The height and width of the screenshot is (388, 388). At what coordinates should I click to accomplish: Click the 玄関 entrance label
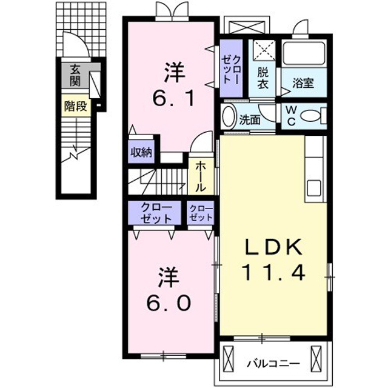click(x=75, y=75)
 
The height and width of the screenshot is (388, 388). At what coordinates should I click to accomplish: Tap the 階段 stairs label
click(x=75, y=106)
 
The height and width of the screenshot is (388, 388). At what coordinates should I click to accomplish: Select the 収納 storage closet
click(x=141, y=152)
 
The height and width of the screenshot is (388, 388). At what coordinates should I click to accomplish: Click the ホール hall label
click(x=201, y=176)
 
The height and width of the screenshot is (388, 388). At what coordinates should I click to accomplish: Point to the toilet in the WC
click(x=313, y=116)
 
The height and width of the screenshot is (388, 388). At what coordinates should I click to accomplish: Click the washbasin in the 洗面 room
click(x=229, y=116)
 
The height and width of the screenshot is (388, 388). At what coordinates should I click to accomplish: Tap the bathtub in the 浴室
click(x=304, y=54)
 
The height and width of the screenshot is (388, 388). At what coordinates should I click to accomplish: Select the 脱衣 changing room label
click(x=263, y=78)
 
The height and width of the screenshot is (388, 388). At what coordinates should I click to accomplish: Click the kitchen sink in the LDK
click(x=314, y=188)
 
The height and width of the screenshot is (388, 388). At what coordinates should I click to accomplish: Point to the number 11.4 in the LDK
click(x=274, y=272)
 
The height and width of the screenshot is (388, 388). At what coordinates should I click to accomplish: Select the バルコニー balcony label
click(x=274, y=364)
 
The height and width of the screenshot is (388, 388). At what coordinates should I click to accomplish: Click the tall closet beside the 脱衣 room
click(x=231, y=69)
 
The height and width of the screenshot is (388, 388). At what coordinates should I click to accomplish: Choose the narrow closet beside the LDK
click(x=201, y=213)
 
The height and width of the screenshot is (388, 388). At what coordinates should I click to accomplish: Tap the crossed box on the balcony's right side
click(x=316, y=358)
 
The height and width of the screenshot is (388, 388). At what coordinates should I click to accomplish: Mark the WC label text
click(x=291, y=116)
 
